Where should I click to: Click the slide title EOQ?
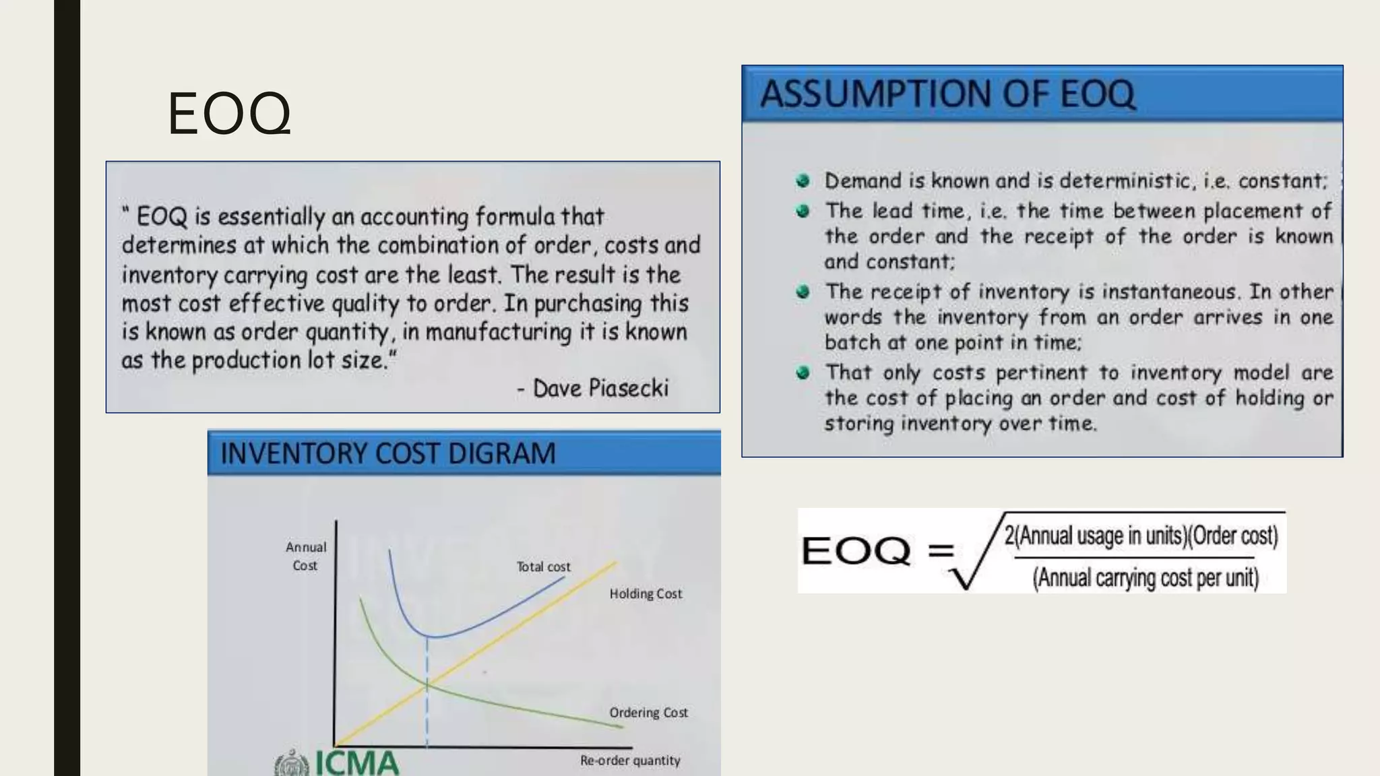tap(229, 113)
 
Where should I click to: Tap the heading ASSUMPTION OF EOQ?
tap(947, 94)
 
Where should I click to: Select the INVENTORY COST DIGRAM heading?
tap(388, 453)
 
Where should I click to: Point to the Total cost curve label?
tap(543, 567)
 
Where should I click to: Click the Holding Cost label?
tap(646, 594)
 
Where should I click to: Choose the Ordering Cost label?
tap(648, 713)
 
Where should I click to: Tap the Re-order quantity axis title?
tap(630, 761)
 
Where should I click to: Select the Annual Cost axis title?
tap(305, 556)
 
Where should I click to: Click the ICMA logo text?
tap(356, 764)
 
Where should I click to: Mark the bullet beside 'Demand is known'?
tap(803, 181)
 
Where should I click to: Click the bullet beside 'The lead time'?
tap(803, 211)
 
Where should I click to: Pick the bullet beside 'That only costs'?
tap(803, 373)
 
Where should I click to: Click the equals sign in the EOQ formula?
tap(940, 551)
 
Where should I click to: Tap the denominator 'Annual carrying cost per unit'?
tap(1146, 578)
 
